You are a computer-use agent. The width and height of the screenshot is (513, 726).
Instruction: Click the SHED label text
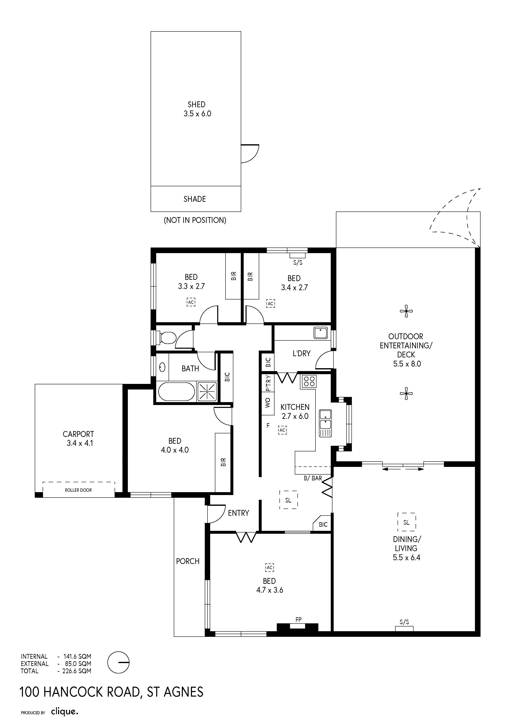click(x=196, y=104)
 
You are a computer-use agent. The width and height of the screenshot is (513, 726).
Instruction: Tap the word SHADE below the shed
click(x=195, y=199)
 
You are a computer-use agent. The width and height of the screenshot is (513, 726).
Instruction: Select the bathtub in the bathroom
click(x=176, y=392)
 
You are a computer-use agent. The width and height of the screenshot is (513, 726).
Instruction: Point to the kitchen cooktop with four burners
click(x=308, y=381)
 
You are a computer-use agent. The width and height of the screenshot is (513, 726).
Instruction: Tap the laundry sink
click(x=320, y=333)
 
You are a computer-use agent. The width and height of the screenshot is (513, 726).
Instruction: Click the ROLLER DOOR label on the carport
click(x=78, y=490)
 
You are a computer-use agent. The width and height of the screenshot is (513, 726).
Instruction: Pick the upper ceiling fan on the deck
click(x=406, y=311)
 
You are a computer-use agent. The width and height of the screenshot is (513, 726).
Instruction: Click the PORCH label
click(x=188, y=561)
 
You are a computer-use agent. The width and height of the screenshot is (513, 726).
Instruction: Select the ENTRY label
click(x=239, y=513)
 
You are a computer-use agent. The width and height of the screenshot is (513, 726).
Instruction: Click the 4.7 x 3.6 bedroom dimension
click(x=270, y=590)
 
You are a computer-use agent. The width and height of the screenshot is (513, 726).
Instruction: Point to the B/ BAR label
click(x=313, y=478)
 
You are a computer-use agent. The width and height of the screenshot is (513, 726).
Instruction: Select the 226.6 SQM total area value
click(x=77, y=671)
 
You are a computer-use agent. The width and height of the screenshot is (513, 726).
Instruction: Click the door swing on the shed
click(x=250, y=154)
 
